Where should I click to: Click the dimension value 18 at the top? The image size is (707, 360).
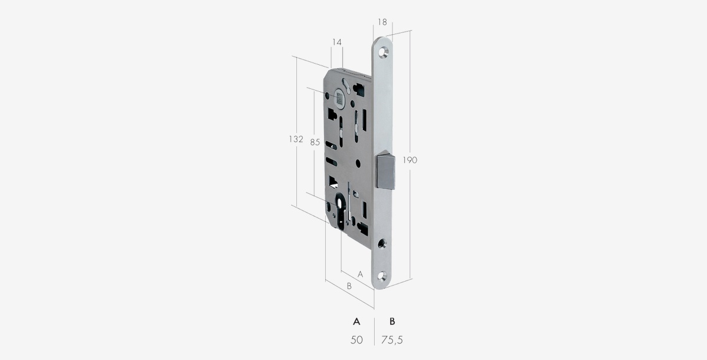click(382, 22)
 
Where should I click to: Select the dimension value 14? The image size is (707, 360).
click(337, 42)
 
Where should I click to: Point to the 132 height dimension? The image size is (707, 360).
click(296, 139)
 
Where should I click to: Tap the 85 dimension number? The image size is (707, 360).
click(315, 143)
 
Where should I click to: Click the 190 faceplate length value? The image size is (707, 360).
click(409, 160)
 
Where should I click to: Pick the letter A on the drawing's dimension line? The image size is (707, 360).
click(361, 275)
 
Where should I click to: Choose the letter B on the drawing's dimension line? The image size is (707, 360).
click(349, 286)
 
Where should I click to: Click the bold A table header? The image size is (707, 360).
click(356, 322)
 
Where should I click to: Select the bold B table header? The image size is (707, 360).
click(392, 322)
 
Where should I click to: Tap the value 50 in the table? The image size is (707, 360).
click(356, 340)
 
